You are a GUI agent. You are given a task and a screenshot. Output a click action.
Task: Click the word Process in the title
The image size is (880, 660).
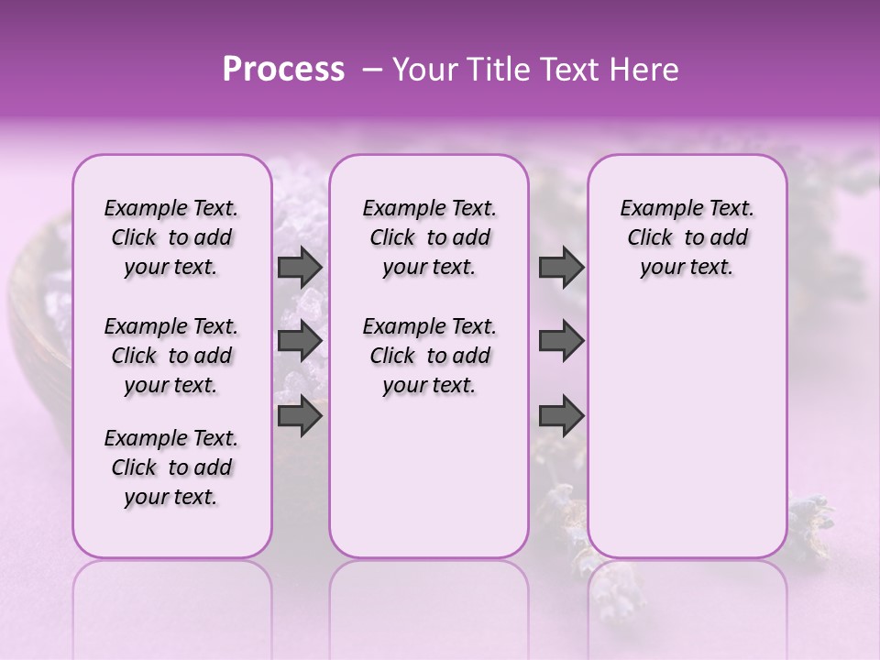pos(283,70)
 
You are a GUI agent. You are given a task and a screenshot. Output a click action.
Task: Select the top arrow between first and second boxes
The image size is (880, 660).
pos(300,268)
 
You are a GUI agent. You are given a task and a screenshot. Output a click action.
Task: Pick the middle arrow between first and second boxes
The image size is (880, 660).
pos(300,341)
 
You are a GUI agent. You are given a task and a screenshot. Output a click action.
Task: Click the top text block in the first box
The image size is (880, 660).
pos(171,237)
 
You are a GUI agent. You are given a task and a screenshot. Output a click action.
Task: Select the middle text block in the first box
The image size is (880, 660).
pos(171,356)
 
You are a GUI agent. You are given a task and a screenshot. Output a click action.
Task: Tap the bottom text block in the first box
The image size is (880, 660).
pos(171,467)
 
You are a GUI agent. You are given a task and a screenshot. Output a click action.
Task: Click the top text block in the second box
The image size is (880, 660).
pos(429,237)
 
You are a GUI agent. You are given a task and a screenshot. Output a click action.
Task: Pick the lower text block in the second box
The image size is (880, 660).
pos(429,356)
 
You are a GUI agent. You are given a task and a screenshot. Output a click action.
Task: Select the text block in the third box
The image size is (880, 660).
pos(687,237)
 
